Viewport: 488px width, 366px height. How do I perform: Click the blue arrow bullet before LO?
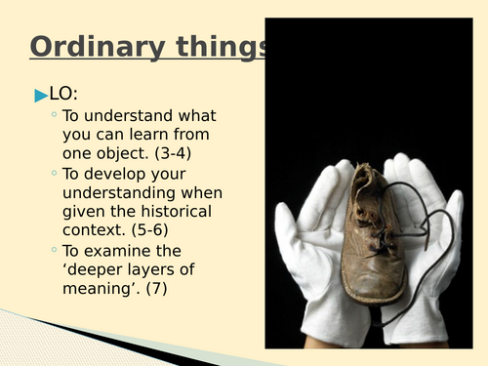40,96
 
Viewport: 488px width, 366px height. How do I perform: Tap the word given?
85,211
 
